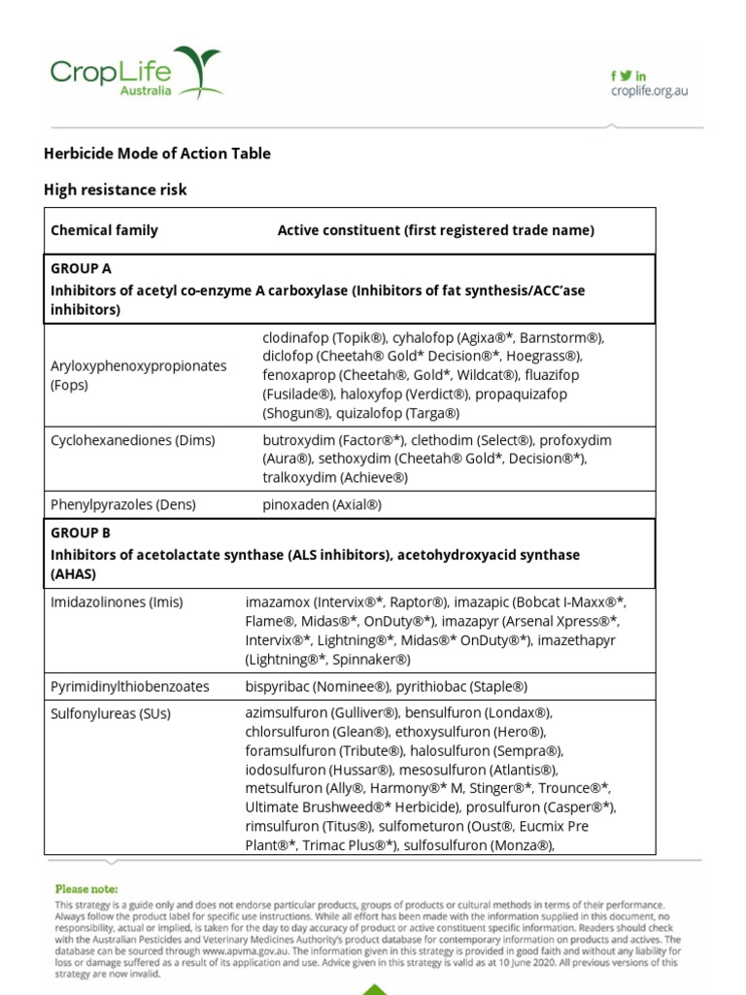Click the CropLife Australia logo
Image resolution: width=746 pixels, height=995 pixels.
coord(136,73)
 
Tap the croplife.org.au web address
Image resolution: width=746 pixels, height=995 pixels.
coord(649,90)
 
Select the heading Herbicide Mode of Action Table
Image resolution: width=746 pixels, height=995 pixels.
coord(157,154)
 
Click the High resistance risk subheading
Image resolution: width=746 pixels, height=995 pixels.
coord(116,190)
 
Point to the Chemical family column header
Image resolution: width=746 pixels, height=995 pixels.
coord(104,230)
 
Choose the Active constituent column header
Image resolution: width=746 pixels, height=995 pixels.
coord(435,230)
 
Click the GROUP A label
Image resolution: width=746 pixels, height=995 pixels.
coord(81,268)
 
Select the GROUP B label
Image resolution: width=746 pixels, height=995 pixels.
coord(81,533)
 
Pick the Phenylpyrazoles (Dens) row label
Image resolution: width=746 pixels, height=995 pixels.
coord(123,504)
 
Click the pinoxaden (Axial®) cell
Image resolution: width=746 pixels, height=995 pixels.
coord(322,504)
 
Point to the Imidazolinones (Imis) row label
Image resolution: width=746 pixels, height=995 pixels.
coord(117,602)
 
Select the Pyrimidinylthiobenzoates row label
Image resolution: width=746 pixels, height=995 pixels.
coord(130,686)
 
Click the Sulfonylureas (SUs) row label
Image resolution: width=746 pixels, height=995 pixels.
coord(111,713)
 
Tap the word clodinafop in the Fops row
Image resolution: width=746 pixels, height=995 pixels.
coord(295,338)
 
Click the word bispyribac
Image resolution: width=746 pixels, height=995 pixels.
coord(278,686)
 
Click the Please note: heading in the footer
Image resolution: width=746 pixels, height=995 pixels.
coord(87,888)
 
